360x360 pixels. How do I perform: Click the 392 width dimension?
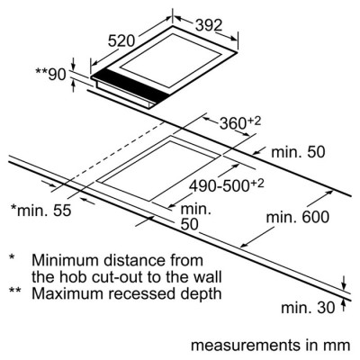pyautogui.click(x=209, y=25)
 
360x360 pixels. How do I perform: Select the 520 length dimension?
pyautogui.click(x=121, y=41)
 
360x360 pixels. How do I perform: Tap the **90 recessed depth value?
pyautogui.click(x=50, y=75)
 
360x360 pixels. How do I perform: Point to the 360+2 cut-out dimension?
pyautogui.click(x=240, y=122)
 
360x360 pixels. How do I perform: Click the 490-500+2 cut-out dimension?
pyautogui.click(x=227, y=185)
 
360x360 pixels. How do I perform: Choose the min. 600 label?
pyautogui.click(x=298, y=217)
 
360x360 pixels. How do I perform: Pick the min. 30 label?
pyautogui.click(x=308, y=308)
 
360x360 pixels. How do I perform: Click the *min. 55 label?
pyautogui.click(x=41, y=211)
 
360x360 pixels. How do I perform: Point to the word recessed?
pyautogui.click(x=141, y=293)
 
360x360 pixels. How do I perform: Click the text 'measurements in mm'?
pyautogui.click(x=271, y=346)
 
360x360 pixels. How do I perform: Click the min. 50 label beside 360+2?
pyautogui.click(x=298, y=152)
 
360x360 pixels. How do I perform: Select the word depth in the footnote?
pyautogui.click(x=200, y=294)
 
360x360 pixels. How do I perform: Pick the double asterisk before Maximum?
pyautogui.click(x=14, y=291)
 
